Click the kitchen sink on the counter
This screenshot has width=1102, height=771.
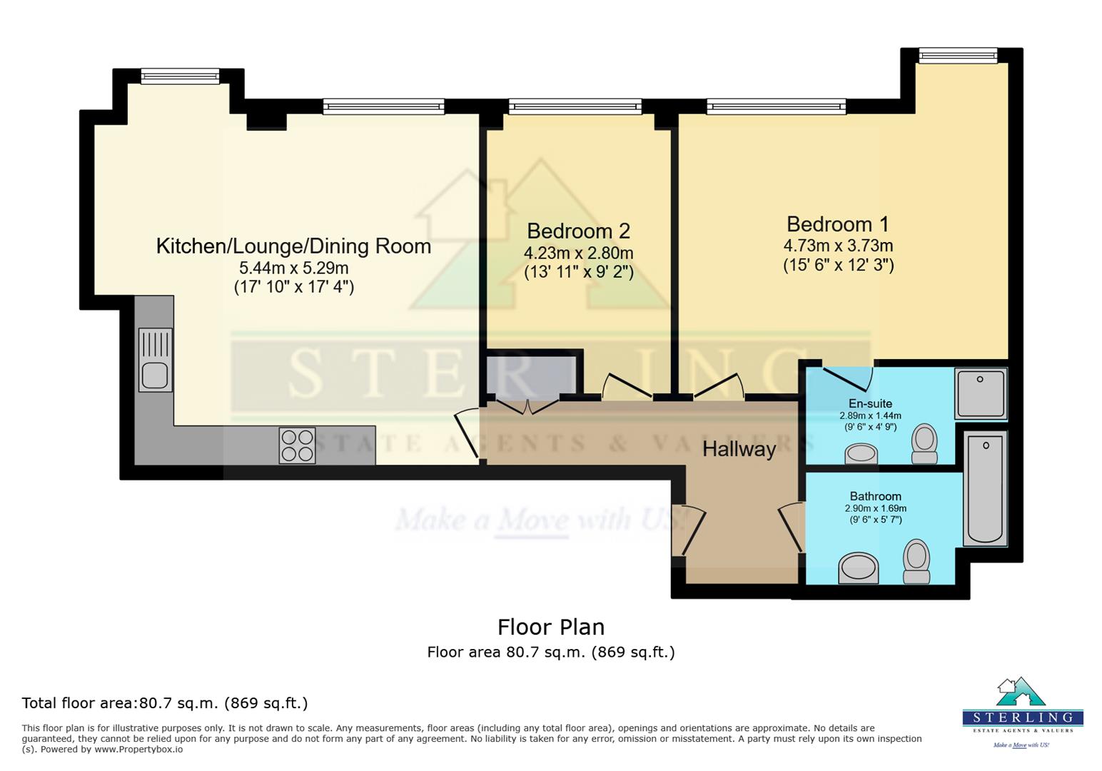(155, 360)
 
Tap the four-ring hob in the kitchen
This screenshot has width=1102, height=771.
(297, 445)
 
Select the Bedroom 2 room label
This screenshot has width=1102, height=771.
(578, 231)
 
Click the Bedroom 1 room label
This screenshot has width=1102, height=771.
(837, 224)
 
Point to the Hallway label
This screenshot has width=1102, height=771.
(739, 449)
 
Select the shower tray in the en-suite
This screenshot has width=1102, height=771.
(981, 393)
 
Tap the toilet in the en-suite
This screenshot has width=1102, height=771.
(924, 443)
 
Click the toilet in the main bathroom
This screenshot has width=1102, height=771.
(916, 561)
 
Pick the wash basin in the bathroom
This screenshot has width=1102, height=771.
(858, 568)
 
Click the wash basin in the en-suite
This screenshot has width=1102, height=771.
(861, 453)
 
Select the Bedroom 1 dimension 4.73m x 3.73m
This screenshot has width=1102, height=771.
(838, 246)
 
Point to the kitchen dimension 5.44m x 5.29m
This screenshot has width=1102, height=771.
(293, 268)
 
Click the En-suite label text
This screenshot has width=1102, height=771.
(870, 403)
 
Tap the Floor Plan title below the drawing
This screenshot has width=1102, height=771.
(550, 627)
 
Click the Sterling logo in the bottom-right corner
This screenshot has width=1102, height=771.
(1022, 711)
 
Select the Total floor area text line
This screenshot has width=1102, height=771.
(165, 703)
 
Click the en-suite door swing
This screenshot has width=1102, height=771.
(849, 378)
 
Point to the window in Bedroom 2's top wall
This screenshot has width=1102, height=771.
(575, 107)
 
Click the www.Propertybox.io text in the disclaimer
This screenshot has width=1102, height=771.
(138, 750)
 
